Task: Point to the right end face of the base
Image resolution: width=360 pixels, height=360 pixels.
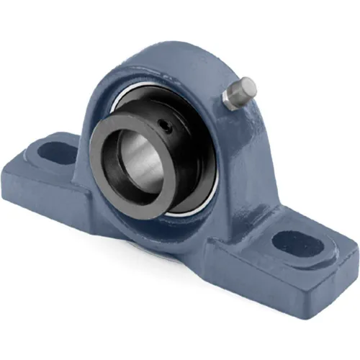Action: tap(338, 281)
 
